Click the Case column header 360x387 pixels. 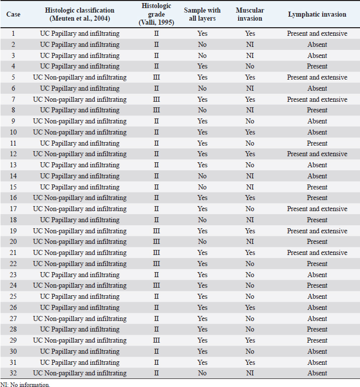[x=13, y=14]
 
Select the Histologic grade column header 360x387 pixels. [x=156, y=14]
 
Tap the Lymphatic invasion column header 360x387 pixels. [x=317, y=14]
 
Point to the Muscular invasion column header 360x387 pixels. [x=250, y=14]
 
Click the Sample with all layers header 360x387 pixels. [x=202, y=14]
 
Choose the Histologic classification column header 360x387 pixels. [x=80, y=14]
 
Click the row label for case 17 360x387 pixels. [x=13, y=209]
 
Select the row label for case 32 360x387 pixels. [x=13, y=373]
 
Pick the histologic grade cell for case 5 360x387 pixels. [x=156, y=78]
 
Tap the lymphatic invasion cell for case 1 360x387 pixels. [x=317, y=34]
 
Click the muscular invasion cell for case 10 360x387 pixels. [x=250, y=133]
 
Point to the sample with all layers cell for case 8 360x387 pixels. [x=202, y=110]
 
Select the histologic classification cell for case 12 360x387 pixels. [x=80, y=154]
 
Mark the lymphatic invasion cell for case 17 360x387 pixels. [x=317, y=209]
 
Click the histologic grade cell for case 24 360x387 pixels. [x=156, y=286]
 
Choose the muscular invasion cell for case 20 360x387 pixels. [x=250, y=242]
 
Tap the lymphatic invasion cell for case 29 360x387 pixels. [x=317, y=341]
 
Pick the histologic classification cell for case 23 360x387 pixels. [x=80, y=275]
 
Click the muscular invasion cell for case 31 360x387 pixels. [x=250, y=362]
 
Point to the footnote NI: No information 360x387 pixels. [x=25, y=384]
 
